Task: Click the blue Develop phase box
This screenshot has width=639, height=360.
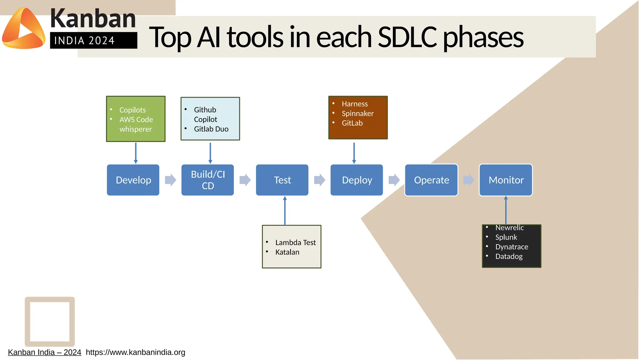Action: point(133,180)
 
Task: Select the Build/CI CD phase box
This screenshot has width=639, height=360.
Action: point(207,180)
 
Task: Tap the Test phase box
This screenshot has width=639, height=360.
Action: point(282,180)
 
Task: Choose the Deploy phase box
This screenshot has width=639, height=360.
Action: point(357,180)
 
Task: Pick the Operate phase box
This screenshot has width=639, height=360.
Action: point(431,180)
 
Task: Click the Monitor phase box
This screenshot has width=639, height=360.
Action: point(506,180)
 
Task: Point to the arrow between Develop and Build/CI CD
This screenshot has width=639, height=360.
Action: point(170,180)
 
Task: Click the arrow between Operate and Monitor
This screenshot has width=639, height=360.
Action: point(469,180)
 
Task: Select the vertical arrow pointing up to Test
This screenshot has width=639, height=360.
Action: point(285,211)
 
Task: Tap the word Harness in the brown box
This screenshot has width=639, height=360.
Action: point(355,104)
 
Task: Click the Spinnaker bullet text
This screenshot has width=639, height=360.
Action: point(358,114)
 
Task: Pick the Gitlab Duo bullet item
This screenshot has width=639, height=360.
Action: point(211,129)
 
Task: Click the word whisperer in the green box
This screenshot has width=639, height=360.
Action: point(135,129)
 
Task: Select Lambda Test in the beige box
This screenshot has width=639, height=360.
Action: point(295,243)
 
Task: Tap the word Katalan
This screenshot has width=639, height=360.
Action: point(287,252)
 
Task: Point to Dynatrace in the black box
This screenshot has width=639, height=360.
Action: point(511,247)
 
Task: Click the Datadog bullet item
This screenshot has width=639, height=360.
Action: point(509,257)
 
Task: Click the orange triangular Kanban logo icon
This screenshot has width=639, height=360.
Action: point(24,29)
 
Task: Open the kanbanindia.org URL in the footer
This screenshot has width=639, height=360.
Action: point(135,353)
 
